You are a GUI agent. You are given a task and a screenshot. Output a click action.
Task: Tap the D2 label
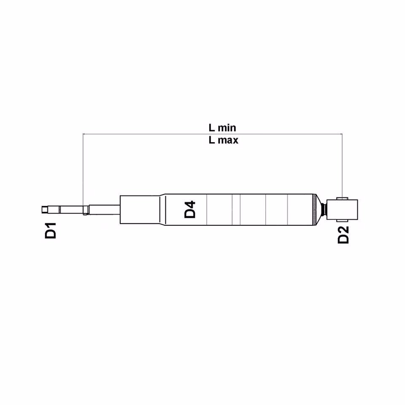coord(343,235)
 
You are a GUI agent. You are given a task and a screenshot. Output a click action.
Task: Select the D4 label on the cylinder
coord(190,210)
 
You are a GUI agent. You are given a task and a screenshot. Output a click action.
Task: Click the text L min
coord(223,127)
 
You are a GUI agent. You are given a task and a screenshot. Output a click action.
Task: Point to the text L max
coord(223,140)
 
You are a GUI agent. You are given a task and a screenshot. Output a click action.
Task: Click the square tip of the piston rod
coord(44,209)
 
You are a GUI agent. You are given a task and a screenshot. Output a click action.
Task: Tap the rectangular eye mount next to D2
coord(346,209)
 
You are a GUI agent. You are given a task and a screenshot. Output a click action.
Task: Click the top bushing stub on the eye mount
coord(343,197)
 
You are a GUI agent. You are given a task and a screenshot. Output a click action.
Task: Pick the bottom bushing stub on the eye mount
coord(343,221)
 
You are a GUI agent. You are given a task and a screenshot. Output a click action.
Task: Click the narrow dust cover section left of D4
coord(139,209)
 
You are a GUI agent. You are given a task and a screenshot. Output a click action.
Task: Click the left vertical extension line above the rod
coord(83,169)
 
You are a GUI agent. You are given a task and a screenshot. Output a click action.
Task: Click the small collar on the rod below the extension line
coord(86,210)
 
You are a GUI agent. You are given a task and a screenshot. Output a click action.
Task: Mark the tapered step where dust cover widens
coord(162,209)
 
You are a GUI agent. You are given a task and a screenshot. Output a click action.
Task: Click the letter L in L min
coord(211,127)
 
